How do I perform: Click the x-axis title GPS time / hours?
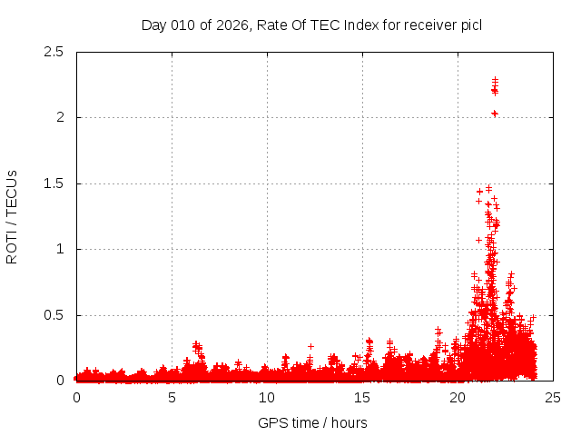tap(312, 422)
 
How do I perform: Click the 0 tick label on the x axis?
tap(76, 398)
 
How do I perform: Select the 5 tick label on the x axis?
tap(172, 398)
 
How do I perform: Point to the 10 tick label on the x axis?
tap(267, 398)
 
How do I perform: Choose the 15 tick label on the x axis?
tap(362, 398)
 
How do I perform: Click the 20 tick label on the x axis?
tap(458, 398)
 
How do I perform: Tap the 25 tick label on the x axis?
tap(553, 398)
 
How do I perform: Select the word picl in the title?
tap(470, 25)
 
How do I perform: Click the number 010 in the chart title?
tap(183, 25)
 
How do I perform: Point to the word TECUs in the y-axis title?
tap(12, 194)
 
